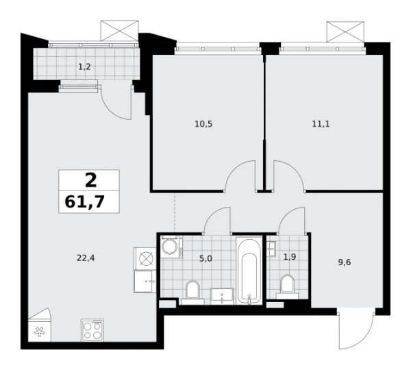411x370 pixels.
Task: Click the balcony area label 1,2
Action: click(84, 66)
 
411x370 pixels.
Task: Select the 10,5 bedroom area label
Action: click(204, 124)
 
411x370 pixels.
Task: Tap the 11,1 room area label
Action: click(320, 124)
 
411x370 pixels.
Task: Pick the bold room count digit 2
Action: click(90, 180)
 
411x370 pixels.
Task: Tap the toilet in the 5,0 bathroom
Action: click(193, 291)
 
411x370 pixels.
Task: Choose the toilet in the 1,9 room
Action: click(286, 284)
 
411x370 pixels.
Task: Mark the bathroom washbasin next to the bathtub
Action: click(223, 295)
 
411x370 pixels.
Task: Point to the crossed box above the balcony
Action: click(114, 31)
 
